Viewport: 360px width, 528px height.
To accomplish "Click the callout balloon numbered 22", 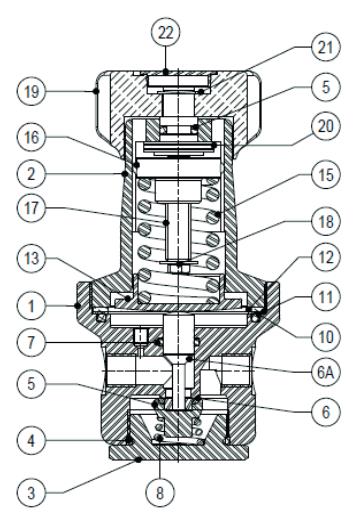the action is [166, 33].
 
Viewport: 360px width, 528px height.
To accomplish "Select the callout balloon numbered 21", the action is [326, 47].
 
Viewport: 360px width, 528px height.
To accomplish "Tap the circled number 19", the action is [31, 91].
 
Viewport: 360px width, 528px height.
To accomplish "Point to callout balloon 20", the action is [326, 126].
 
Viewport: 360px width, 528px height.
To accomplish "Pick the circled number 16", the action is [31, 137].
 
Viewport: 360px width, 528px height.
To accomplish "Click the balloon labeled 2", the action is [31, 174].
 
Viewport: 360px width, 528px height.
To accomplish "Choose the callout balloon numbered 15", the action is [326, 174].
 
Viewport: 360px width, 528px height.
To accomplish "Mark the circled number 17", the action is [31, 207].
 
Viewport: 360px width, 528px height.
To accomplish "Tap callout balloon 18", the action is [326, 221].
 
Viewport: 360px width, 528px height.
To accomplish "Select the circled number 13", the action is [31, 258].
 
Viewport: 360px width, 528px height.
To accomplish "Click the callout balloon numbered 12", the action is [326, 257].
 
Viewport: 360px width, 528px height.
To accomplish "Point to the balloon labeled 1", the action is [31, 306].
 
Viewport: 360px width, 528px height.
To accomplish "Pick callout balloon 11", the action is [326, 297].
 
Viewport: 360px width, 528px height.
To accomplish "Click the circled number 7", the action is [31, 342].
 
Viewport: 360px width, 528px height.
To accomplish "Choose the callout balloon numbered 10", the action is [326, 336].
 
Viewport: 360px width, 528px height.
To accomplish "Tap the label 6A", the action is [326, 372].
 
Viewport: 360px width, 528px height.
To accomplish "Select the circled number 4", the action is [31, 440].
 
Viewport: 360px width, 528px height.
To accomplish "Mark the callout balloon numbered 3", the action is [31, 493].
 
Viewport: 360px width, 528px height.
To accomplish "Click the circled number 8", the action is [160, 493].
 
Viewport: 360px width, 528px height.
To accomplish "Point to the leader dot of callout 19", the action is [96, 91].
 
